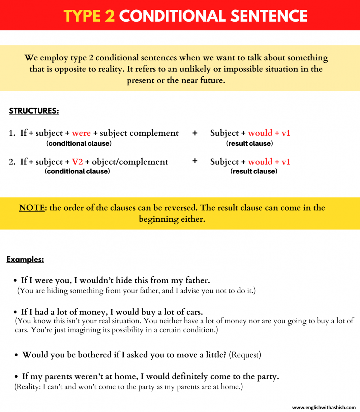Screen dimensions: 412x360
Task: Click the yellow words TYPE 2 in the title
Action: (x=89, y=16)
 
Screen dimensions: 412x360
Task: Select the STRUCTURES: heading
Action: (x=34, y=111)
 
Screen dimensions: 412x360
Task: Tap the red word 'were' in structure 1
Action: (x=81, y=133)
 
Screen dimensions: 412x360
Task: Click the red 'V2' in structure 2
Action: (x=77, y=162)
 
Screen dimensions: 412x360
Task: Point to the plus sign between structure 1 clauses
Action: (x=194, y=133)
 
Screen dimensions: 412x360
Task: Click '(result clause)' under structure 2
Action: (x=254, y=171)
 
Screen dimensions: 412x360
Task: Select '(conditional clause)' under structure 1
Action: (x=79, y=143)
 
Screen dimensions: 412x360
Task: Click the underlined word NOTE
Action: (x=32, y=208)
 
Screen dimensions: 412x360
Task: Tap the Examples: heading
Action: (x=25, y=259)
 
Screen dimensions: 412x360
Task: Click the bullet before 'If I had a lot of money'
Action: (x=16, y=312)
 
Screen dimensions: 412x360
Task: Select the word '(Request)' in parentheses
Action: (x=245, y=355)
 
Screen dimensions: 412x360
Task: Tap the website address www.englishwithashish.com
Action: (x=324, y=408)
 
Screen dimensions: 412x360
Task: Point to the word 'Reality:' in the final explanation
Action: (x=28, y=387)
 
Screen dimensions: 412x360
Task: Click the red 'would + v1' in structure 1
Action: (x=269, y=133)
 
